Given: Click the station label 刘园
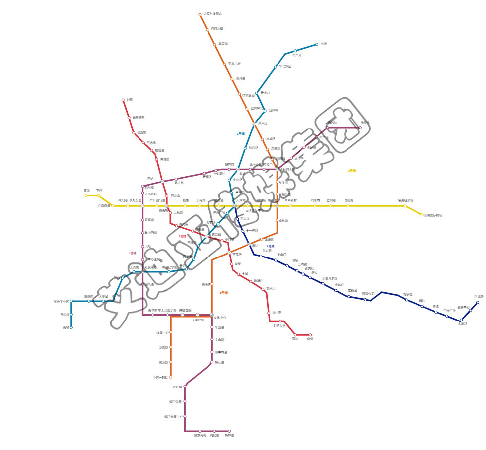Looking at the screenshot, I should (x=130, y=100).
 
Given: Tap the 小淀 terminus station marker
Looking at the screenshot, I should (x=317, y=45).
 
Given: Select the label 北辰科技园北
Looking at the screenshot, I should (x=213, y=14).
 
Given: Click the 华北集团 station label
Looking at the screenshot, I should (x=285, y=66).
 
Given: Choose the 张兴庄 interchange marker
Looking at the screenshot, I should (x=254, y=124).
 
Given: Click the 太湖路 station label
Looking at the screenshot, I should (x=462, y=324).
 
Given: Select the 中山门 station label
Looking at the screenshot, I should (x=281, y=255).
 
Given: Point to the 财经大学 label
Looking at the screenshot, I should (x=279, y=326).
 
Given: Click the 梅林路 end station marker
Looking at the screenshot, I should (x=229, y=431).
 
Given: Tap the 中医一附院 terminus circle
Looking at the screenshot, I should (x=171, y=377).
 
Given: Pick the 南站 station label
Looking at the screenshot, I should (x=66, y=327).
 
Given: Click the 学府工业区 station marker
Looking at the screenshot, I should (x=71, y=301).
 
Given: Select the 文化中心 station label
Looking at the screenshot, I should (x=220, y=317).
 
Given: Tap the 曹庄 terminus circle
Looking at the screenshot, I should (x=86, y=195).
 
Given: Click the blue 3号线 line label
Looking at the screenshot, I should (x=241, y=133).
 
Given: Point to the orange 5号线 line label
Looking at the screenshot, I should (x=224, y=293).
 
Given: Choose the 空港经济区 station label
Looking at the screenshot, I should (x=405, y=200).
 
